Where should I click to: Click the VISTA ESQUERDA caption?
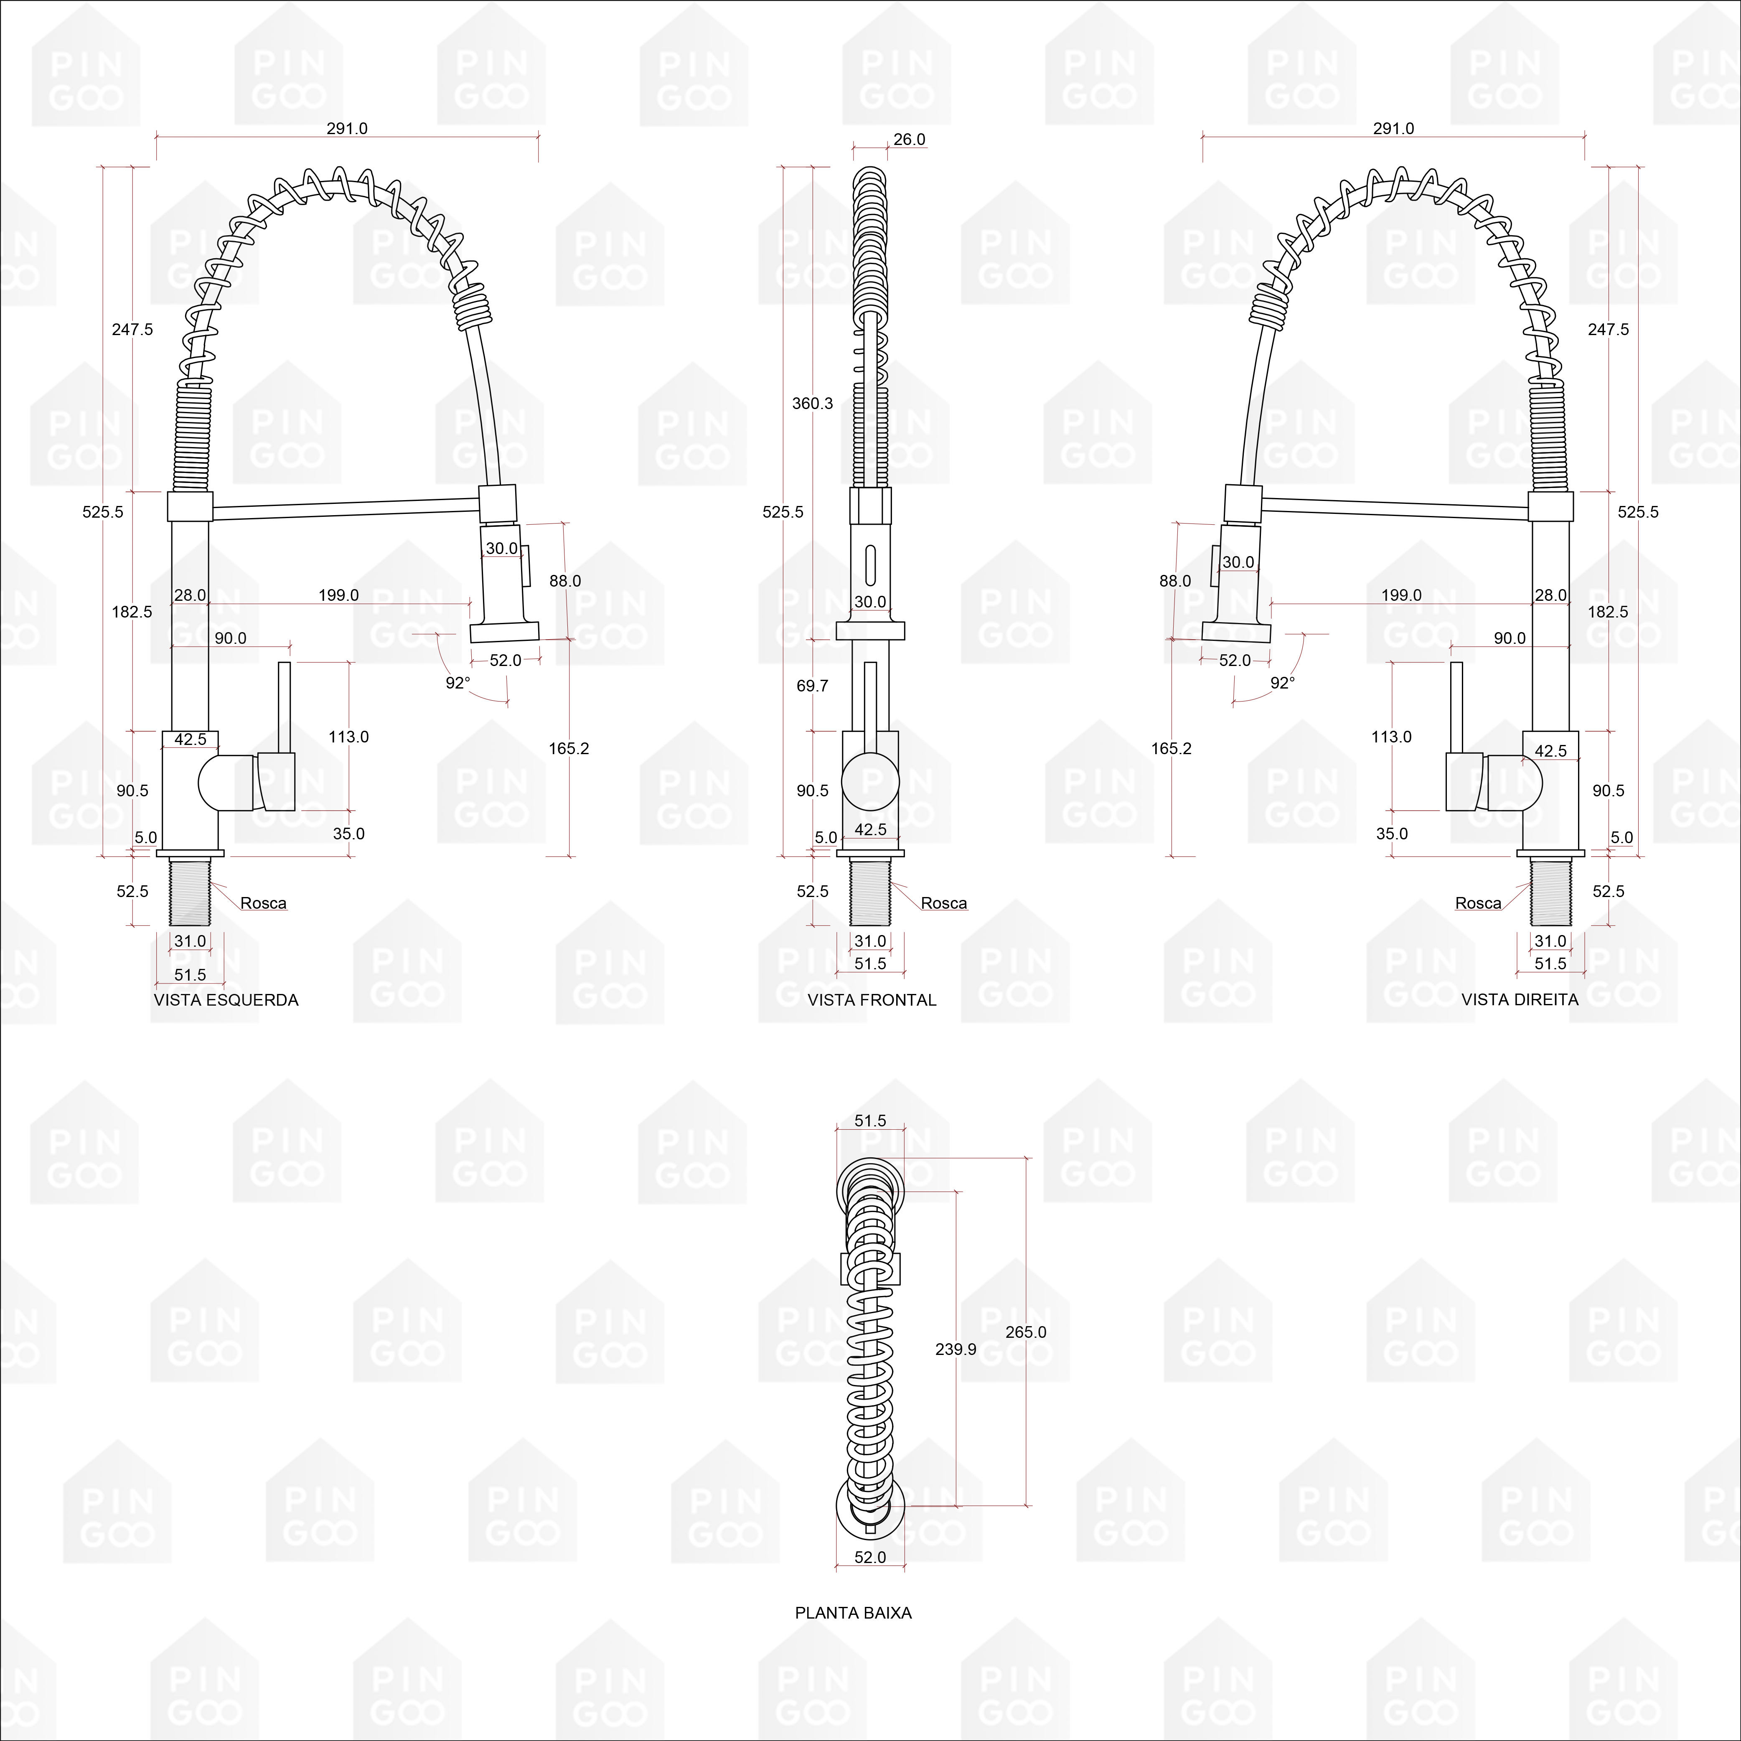[226, 999]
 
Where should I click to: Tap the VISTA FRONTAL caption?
[872, 999]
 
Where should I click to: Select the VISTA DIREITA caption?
[1519, 999]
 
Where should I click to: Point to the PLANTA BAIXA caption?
[854, 1612]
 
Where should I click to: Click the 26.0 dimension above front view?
[909, 140]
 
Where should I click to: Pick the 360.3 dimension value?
[813, 404]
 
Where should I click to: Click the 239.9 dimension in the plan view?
[956, 1349]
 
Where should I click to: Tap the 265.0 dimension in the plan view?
[1027, 1332]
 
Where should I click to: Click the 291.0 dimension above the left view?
[347, 129]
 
